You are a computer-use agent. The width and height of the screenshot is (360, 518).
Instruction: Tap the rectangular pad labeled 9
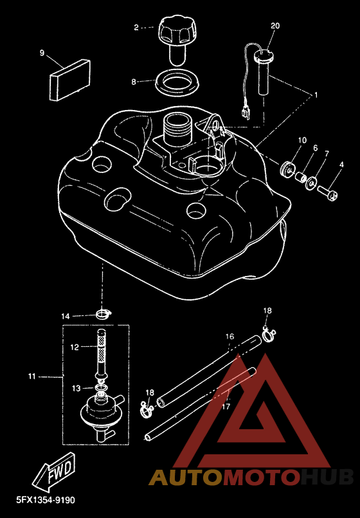(70, 80)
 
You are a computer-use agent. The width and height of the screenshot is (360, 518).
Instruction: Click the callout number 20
(275, 26)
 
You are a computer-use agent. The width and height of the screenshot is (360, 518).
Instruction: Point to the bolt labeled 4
(327, 192)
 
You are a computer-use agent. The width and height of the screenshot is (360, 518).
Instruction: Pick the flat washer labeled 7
(312, 183)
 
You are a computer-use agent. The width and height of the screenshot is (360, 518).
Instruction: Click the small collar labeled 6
(301, 177)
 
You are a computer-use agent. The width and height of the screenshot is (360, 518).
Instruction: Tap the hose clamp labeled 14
(104, 314)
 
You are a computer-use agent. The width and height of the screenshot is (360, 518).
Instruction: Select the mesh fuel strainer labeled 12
(102, 355)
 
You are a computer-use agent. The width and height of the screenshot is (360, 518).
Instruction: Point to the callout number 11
(32, 376)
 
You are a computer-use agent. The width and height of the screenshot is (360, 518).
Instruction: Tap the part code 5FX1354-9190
(46, 500)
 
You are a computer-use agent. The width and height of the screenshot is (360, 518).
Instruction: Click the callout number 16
(230, 337)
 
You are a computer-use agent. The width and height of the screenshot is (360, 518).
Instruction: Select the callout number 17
(226, 406)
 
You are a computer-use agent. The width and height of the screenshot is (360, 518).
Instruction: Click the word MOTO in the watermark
(259, 477)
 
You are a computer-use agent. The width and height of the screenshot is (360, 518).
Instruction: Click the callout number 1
(316, 95)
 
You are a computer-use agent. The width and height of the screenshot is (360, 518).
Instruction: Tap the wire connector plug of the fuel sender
(246, 113)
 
